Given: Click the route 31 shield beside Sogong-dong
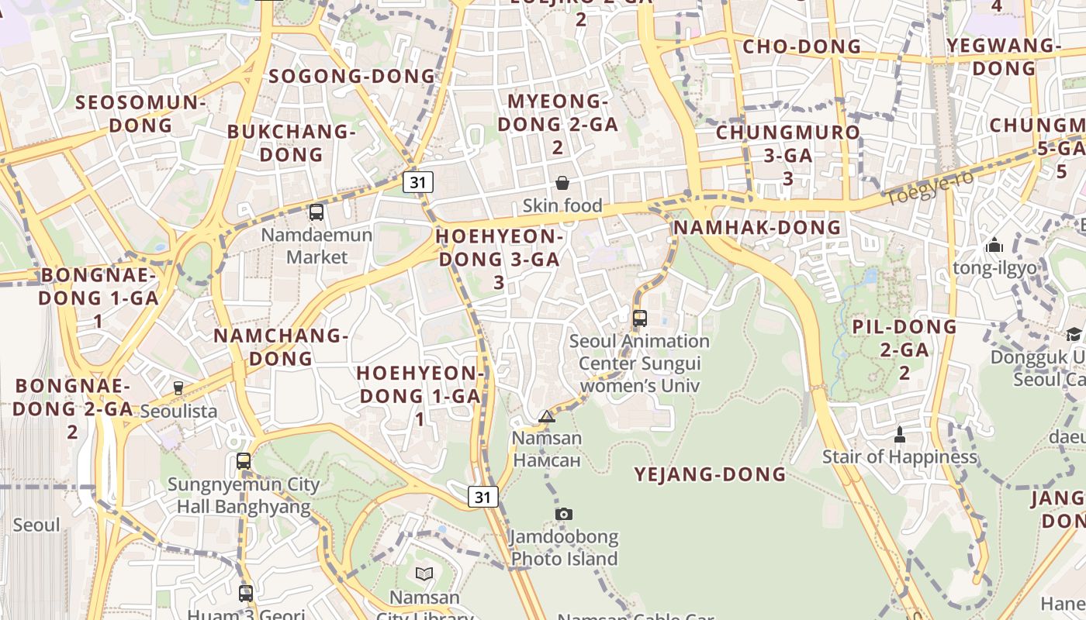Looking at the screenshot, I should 418,182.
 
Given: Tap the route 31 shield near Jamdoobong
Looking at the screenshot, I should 482,497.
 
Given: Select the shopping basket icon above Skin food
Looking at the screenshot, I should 562,183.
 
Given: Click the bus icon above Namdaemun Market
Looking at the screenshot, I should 316,212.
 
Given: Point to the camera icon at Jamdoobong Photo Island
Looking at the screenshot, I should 564,514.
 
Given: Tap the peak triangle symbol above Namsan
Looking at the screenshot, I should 547,417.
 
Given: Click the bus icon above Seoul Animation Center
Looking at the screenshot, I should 640,318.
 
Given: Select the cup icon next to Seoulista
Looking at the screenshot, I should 178,387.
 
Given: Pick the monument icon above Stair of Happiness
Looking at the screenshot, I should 900,434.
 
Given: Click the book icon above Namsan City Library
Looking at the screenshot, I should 424,574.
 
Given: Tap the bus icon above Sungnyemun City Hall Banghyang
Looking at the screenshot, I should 244,461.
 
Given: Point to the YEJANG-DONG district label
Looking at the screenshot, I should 711,474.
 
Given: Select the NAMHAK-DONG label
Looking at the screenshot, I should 757,227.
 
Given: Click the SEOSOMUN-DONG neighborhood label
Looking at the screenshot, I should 141,113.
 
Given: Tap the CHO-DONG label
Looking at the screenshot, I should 802,46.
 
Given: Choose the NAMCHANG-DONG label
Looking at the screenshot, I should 281,346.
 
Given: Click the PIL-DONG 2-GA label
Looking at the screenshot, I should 904,349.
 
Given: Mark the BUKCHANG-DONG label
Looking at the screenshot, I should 291,143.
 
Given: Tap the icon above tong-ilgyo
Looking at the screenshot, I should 994,246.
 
